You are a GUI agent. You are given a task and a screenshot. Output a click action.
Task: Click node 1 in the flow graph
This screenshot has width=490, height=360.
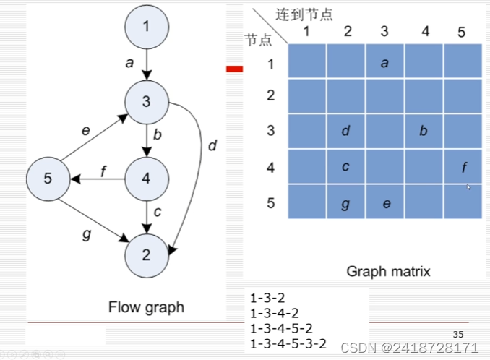click(147, 28)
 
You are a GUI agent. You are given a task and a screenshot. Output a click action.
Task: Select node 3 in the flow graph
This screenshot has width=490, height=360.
click(147, 102)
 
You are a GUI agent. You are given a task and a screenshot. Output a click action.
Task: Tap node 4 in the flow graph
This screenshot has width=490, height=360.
click(147, 176)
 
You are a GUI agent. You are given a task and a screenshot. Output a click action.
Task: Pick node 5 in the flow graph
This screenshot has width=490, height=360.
click(48, 178)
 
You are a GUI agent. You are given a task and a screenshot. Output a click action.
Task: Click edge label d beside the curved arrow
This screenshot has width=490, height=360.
click(212, 146)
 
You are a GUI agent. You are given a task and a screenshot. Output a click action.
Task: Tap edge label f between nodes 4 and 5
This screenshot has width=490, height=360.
click(103, 171)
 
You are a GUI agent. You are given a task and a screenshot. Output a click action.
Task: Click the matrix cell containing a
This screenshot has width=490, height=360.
click(384, 62)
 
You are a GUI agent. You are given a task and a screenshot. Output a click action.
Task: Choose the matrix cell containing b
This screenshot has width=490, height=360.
click(424, 132)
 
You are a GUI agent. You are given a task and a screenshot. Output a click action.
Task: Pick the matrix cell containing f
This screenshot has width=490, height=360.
click(463, 168)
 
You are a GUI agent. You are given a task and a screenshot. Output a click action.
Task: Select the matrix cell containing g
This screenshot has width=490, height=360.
click(346, 203)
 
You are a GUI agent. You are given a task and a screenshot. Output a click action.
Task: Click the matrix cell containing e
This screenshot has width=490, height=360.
click(385, 203)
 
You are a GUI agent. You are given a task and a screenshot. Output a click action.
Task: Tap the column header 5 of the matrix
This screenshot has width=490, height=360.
click(462, 32)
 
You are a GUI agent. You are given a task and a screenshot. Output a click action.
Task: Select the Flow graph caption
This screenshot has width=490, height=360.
click(146, 307)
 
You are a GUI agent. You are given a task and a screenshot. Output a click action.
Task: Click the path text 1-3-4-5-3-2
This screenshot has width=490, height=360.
click(288, 344)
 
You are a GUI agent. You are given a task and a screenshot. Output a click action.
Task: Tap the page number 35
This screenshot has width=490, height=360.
click(457, 334)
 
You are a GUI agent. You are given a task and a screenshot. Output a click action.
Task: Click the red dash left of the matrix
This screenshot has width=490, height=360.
click(234, 69)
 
